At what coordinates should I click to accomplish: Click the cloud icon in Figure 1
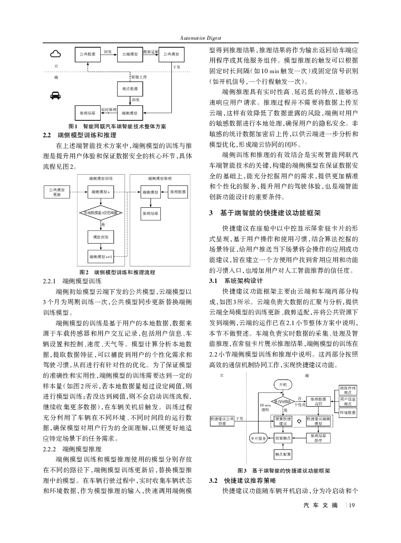point(56,54)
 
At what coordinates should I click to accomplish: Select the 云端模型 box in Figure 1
point(130,54)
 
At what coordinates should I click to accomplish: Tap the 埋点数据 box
point(130,89)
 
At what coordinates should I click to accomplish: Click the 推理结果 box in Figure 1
point(87,113)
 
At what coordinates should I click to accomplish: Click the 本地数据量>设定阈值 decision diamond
point(101,212)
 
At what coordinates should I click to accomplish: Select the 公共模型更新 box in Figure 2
point(57,192)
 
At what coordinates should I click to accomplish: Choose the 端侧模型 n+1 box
point(101,257)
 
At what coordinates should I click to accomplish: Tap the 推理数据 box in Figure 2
point(178,192)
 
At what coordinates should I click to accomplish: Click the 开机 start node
point(283,384)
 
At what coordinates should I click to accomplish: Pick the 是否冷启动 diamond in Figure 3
point(283,402)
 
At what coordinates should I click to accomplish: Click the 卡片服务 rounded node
point(258,438)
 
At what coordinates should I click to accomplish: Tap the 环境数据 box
point(348,413)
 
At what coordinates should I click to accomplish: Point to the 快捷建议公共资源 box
point(222,421)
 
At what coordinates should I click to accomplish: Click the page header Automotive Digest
point(200,38)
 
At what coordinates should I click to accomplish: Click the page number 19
point(351,505)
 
